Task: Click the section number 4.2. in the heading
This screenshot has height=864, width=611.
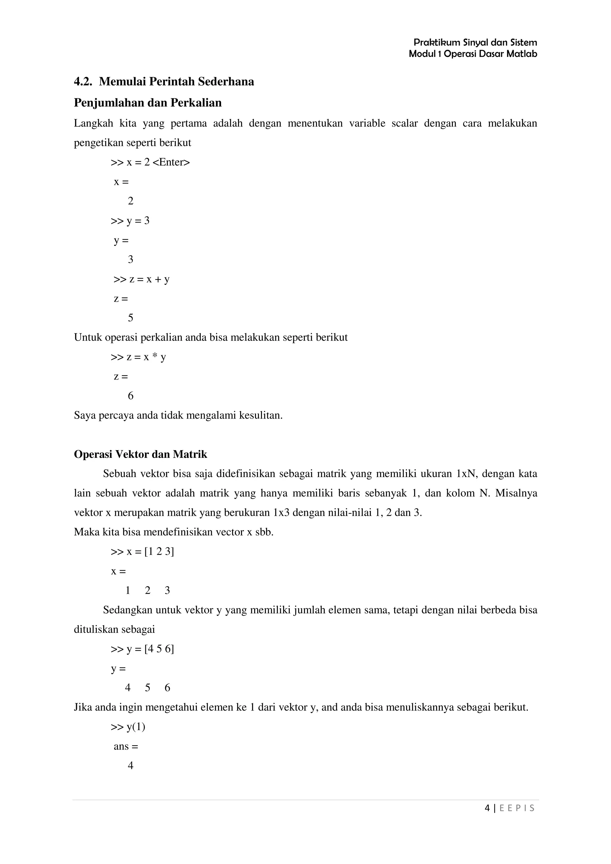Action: [83, 82]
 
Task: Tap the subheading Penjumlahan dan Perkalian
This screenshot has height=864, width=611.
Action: [148, 103]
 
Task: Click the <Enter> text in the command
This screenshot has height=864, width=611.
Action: [171, 162]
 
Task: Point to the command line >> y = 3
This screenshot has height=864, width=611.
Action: [130, 221]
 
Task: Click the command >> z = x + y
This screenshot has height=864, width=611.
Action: [141, 279]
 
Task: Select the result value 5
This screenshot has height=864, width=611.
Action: [130, 318]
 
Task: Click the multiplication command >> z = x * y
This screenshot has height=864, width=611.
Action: [138, 357]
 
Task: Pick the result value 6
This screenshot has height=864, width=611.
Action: [130, 396]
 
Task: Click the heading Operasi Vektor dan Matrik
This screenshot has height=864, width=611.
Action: [141, 455]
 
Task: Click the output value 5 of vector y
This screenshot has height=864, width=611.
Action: [147, 688]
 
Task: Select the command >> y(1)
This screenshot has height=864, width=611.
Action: [128, 727]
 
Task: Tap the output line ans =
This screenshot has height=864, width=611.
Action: [126, 746]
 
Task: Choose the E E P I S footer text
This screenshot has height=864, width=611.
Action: [517, 808]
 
